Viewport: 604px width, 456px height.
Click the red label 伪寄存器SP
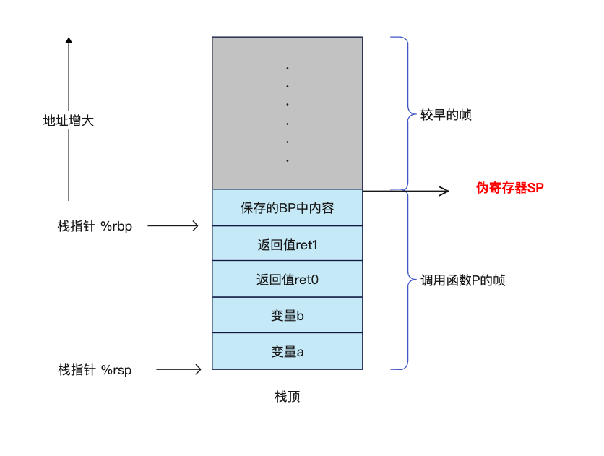click(509, 188)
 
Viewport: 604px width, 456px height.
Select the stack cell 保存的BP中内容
click(287, 208)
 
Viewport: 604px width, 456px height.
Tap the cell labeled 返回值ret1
click(287, 244)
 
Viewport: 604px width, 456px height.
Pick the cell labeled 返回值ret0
click(287, 279)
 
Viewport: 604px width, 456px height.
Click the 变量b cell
click(287, 315)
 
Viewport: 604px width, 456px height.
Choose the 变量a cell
click(287, 351)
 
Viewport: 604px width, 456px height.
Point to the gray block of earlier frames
click(287, 113)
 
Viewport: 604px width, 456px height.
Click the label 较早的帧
click(446, 114)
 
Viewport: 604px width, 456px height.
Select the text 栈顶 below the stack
click(287, 397)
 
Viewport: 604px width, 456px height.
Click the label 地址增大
click(69, 121)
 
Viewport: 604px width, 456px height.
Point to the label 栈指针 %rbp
click(95, 226)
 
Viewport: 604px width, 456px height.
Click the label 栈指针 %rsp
click(95, 370)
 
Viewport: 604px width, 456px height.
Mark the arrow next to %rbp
click(173, 226)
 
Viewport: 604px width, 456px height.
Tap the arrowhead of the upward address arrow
click(69, 41)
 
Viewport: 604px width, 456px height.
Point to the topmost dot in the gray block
click(288, 69)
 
